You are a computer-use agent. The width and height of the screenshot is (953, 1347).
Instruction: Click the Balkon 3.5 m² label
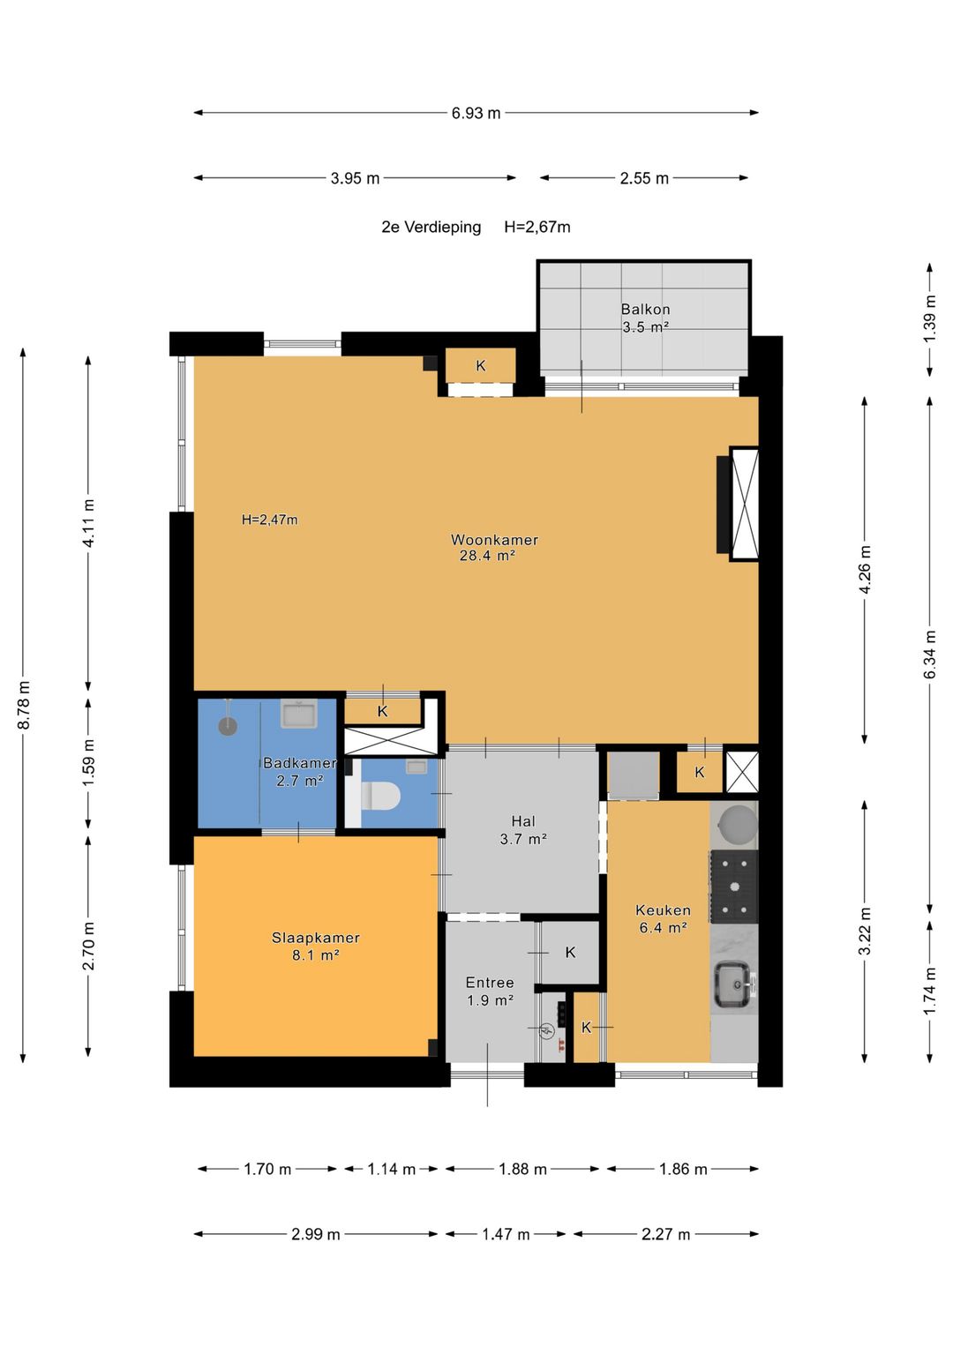tap(646, 318)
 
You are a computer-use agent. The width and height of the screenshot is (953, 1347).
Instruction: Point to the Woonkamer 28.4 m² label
tap(494, 547)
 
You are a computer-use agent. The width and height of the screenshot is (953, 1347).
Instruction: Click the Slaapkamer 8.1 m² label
tap(316, 946)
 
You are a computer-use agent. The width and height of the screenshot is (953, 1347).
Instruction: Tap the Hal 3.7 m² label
tap(522, 830)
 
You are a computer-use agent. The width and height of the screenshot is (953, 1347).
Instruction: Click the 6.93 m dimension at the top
tap(476, 112)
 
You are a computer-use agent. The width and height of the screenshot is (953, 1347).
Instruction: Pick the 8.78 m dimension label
tap(24, 706)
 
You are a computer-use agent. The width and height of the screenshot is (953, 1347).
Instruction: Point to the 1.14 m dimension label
tap(392, 1169)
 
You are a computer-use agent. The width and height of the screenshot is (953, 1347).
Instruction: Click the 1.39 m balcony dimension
tap(930, 319)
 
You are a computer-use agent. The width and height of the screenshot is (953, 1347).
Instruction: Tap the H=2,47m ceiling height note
tap(269, 520)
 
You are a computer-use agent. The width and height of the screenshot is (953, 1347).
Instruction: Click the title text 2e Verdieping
tap(431, 228)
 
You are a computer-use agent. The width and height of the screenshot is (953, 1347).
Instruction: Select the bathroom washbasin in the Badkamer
tap(299, 714)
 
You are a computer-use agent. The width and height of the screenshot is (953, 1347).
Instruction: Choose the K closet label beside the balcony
tap(481, 365)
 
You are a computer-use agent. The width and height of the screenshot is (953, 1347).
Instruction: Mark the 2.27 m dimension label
tap(665, 1235)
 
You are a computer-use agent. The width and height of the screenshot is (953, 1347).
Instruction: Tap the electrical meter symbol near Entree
tap(547, 1031)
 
